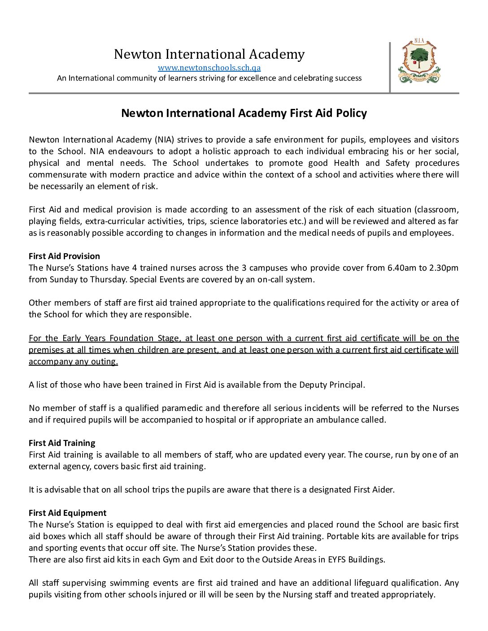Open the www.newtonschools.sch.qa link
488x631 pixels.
click(x=209, y=68)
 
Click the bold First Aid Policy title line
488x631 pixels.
click(x=244, y=113)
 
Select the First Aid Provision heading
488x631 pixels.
click(x=64, y=256)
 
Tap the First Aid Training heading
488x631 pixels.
click(x=62, y=443)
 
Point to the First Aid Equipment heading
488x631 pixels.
click(x=67, y=513)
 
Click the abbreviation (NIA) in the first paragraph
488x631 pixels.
click(x=165, y=139)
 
